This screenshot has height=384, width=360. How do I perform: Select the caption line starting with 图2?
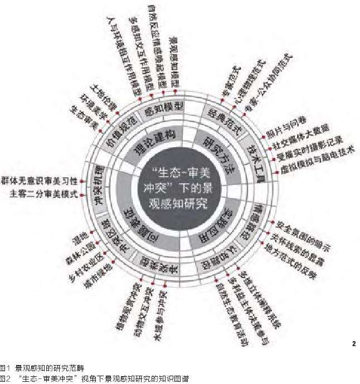tap(95, 379)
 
